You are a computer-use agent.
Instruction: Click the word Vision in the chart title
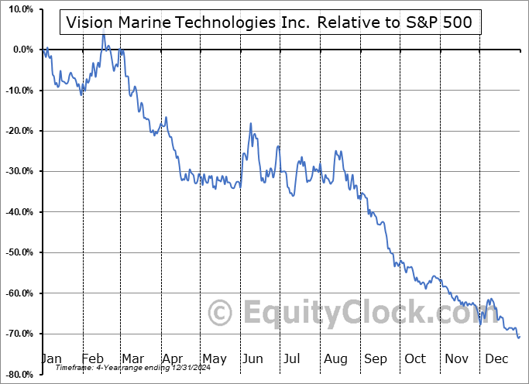pyautogui.click(x=88, y=22)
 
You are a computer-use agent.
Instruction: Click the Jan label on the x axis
pyautogui.click(x=50, y=358)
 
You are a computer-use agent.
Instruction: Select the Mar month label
pyautogui.click(x=132, y=358)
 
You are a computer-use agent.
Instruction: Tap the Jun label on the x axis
pyautogui.click(x=252, y=358)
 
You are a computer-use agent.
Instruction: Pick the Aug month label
pyautogui.click(x=335, y=358)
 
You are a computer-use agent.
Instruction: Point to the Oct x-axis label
pyautogui.click(x=415, y=358)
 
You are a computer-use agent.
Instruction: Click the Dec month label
pyautogui.click(x=496, y=358)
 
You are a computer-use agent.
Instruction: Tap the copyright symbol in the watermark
pyautogui.click(x=222, y=313)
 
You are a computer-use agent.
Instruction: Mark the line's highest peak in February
pyautogui.click(x=103, y=36)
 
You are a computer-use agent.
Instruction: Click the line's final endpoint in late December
pyautogui.click(x=519, y=336)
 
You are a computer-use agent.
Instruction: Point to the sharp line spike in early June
pyautogui.click(x=250, y=124)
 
